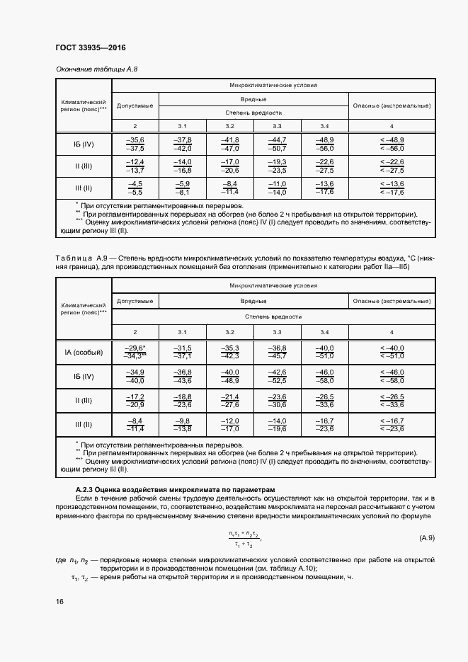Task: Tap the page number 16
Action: click(59, 601)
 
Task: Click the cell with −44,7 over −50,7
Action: click(277, 144)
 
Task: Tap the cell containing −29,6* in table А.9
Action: click(135, 352)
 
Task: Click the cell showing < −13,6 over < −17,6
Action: click(392, 188)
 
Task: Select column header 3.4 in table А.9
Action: click(324, 332)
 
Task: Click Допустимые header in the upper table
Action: click(135, 105)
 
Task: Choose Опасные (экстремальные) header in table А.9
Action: click(392, 301)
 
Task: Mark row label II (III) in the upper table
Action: click(83, 166)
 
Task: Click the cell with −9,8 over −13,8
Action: click(183, 425)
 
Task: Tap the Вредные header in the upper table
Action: click(253, 99)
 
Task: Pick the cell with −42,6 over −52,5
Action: click(277, 376)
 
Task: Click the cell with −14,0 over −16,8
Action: click(183, 166)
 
